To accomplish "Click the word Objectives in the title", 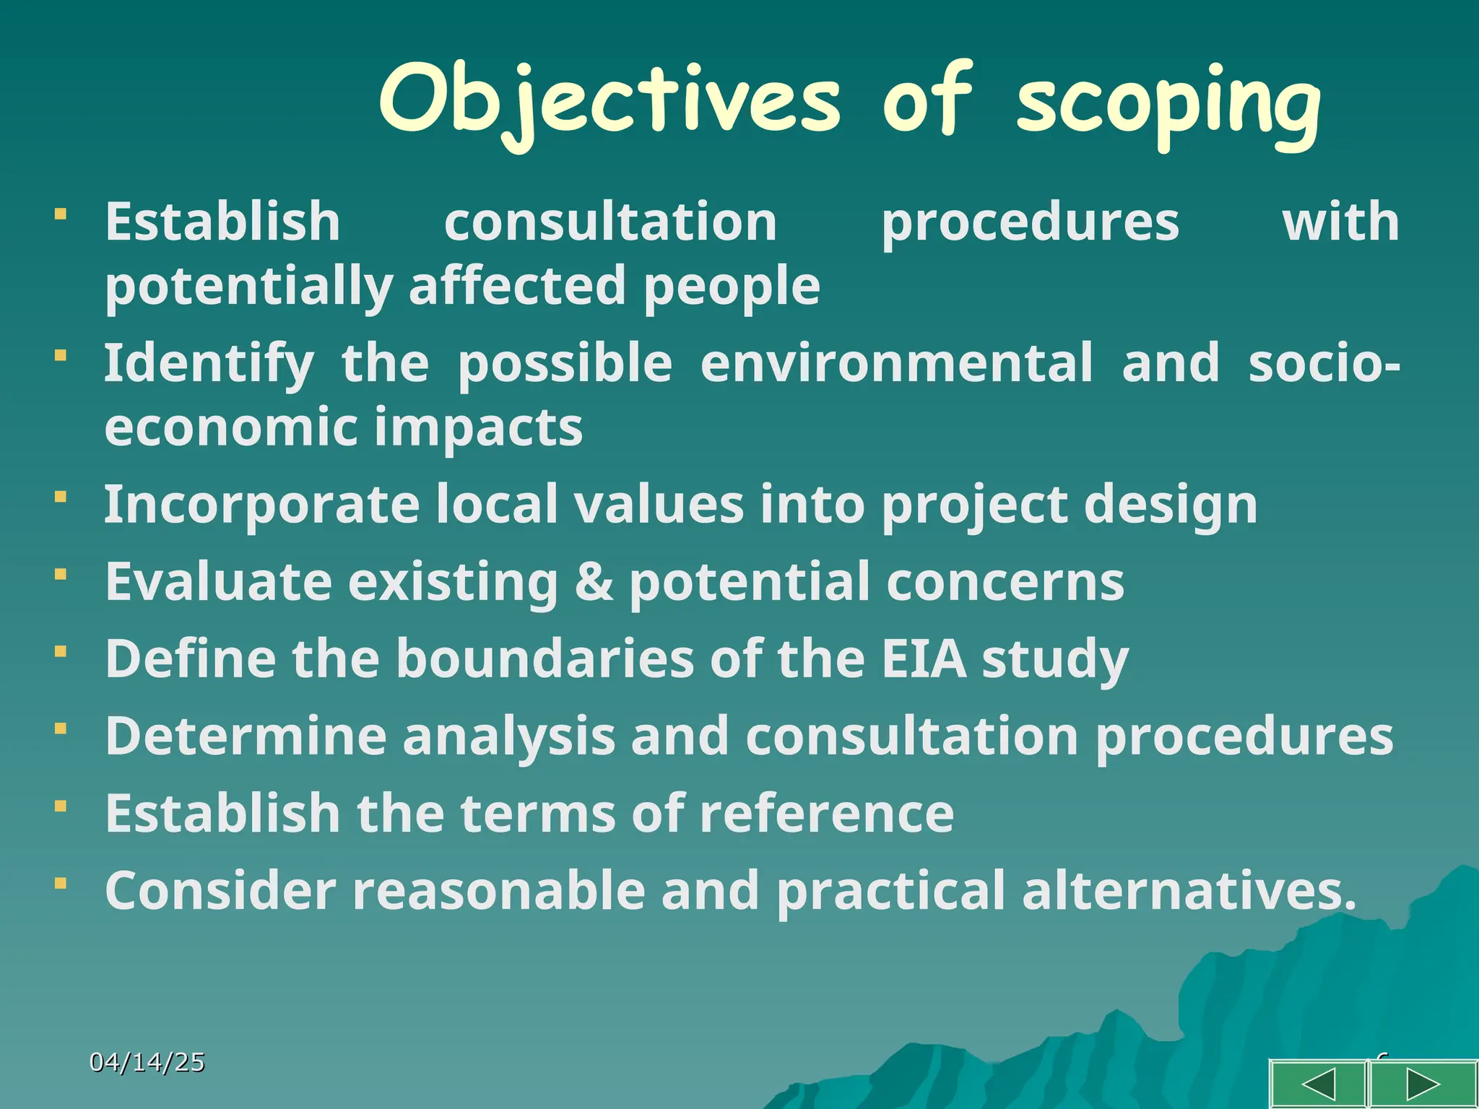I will [x=609, y=101].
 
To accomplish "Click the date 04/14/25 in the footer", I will [x=147, y=1062].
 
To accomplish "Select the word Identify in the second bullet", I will [x=209, y=363].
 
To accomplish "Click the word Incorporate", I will [x=261, y=504].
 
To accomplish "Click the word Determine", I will [x=246, y=736].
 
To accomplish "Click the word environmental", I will [x=896, y=363].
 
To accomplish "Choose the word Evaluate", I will [x=218, y=581].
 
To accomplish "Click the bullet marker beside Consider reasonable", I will [x=61, y=883].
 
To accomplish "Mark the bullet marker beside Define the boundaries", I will [x=61, y=651].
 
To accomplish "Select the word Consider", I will [x=220, y=891].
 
